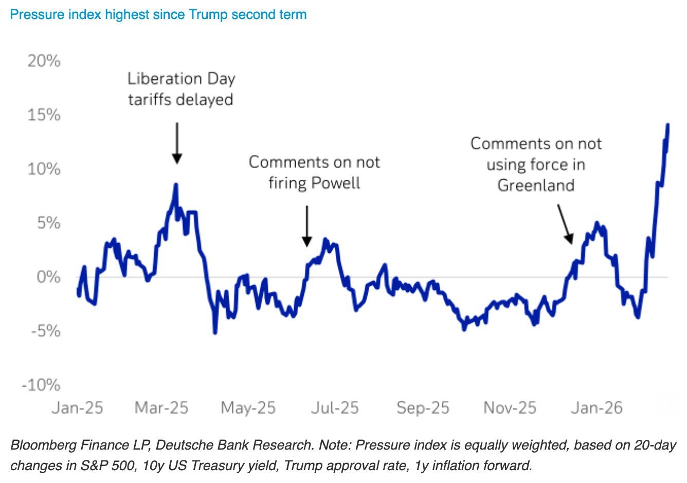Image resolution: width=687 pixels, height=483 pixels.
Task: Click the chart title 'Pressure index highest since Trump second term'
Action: click(158, 14)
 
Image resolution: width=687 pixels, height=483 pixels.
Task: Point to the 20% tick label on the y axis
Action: click(44, 61)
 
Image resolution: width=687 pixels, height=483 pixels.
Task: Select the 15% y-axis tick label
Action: click(44, 115)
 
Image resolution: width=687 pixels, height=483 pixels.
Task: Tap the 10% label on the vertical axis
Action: click(44, 169)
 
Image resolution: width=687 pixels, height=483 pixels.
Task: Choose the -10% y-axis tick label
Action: click(41, 385)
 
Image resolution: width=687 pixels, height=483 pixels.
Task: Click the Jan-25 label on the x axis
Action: click(78, 408)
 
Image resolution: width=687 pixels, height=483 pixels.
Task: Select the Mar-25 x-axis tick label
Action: click(161, 408)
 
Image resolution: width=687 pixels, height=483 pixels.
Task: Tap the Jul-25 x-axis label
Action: click(335, 408)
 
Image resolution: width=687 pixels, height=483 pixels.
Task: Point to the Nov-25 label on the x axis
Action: click(510, 408)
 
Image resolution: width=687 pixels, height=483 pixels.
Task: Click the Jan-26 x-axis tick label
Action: click(596, 408)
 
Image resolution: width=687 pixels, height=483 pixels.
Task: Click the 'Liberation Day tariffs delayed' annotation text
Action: click(181, 88)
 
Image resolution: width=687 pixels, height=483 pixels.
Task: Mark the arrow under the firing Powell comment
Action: click(307, 226)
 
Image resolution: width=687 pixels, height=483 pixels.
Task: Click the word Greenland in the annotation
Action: click(536, 185)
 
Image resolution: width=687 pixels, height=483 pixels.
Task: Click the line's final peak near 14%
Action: click(667, 125)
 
